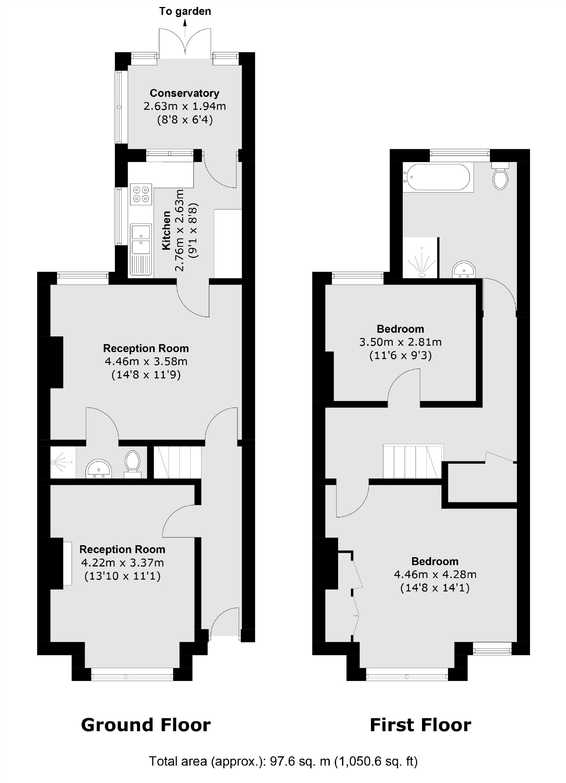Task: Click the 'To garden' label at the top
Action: point(185,11)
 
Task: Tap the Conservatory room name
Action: point(185,93)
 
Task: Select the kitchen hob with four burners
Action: point(141,194)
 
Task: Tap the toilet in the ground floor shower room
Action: point(133,462)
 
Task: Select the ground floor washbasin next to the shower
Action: point(98,469)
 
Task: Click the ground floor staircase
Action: point(178,462)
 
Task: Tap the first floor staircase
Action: point(412,461)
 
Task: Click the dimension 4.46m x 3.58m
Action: point(146,362)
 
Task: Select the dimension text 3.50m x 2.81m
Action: point(400,342)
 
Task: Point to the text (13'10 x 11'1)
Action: point(122,576)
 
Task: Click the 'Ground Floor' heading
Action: point(146,725)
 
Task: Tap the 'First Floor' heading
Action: point(420,725)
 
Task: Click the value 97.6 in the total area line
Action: point(282,761)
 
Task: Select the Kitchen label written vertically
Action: point(166,230)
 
